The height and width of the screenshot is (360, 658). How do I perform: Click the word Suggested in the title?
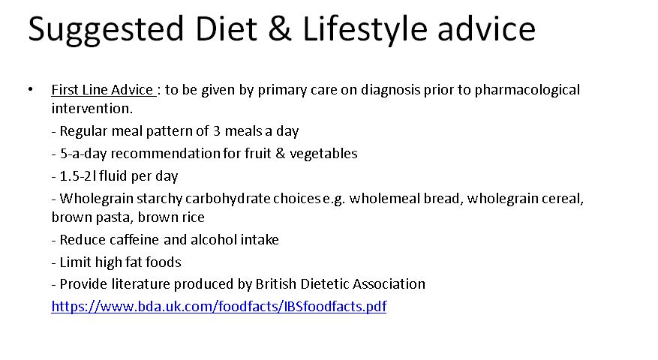pyautogui.click(x=106, y=29)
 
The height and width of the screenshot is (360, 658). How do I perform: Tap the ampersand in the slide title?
pyautogui.click(x=280, y=28)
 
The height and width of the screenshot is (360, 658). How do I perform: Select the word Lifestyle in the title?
pyautogui.click(x=365, y=30)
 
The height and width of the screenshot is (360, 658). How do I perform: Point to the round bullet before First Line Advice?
pyautogui.click(x=30, y=89)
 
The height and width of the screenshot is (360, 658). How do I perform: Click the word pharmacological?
pyautogui.click(x=527, y=90)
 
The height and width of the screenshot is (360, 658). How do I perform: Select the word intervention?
pyautogui.click(x=92, y=108)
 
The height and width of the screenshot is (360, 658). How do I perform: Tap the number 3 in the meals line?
pyautogui.click(x=217, y=131)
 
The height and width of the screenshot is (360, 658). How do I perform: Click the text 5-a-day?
pyautogui.click(x=83, y=154)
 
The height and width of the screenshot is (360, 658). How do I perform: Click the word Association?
pyautogui.click(x=389, y=284)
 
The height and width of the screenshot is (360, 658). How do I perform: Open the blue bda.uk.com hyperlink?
pyautogui.click(x=218, y=306)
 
